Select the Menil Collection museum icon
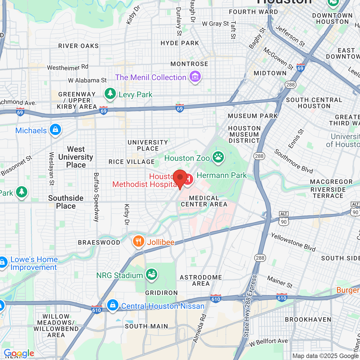[x=195, y=76]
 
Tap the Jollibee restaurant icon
[x=138, y=241]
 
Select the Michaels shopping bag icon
[x=55, y=130]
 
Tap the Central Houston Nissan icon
[x=113, y=305]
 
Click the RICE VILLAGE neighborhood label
[x=132, y=162]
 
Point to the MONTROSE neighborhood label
[x=189, y=64]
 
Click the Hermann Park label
[x=221, y=175]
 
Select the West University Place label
[x=76, y=157]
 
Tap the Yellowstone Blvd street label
[x=293, y=242]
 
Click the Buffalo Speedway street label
[x=96, y=197]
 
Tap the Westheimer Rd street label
[x=68, y=67]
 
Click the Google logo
[x=19, y=353]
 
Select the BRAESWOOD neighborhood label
[x=99, y=242]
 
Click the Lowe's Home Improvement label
[x=34, y=263]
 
